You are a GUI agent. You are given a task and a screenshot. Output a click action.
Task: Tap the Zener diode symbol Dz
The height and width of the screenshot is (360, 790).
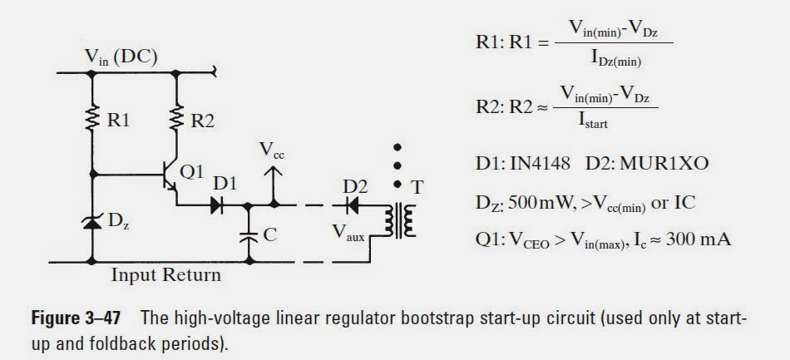(93, 221)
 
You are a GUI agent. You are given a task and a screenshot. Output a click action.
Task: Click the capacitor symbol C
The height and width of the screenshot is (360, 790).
(247, 235)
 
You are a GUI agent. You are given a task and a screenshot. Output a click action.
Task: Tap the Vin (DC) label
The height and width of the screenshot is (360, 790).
(121, 57)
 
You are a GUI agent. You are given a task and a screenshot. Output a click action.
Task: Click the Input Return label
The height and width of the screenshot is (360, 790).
(166, 274)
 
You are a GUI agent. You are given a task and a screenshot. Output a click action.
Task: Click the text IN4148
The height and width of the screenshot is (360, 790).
(541, 163)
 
